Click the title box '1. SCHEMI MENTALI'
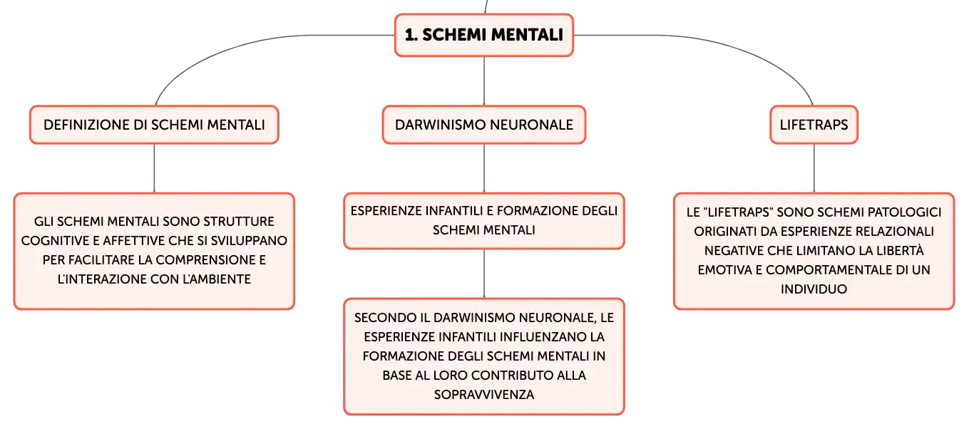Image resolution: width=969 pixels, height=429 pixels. click(x=484, y=35)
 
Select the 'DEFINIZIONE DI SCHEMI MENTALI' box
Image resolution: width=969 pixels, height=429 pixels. click(x=154, y=125)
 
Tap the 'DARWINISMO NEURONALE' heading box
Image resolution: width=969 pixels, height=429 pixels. click(x=484, y=125)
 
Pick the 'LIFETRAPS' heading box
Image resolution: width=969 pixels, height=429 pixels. click(x=814, y=125)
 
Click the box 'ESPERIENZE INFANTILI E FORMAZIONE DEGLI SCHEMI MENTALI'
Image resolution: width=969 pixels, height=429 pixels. click(x=484, y=221)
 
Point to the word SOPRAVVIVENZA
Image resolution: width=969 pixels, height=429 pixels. click(x=484, y=394)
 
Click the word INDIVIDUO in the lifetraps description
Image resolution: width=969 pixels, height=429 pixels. click(x=814, y=289)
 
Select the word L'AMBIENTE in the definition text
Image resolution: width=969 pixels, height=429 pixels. click(x=217, y=279)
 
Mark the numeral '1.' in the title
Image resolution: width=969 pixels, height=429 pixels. click(x=411, y=35)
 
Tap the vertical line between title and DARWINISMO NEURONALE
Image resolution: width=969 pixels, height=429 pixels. click(x=484, y=81)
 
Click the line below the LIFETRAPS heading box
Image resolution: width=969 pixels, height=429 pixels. click(x=814, y=168)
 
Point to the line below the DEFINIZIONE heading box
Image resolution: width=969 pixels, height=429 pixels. click(x=154, y=168)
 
